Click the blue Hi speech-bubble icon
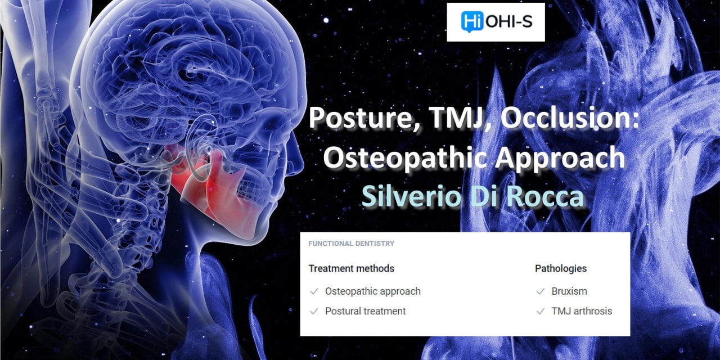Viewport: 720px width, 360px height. (472, 21)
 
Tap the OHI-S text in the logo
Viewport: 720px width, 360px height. (509, 22)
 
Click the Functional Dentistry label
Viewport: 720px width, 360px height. (352, 244)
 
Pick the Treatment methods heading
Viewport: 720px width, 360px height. (352, 268)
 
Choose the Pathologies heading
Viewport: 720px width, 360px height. (561, 268)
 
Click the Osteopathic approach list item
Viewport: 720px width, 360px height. (373, 291)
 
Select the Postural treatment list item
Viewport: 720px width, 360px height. (366, 311)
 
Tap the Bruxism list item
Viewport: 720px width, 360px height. (569, 291)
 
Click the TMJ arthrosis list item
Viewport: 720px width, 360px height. (582, 311)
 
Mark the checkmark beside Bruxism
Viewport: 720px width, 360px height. (541, 291)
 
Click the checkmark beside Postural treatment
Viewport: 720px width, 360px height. (314, 312)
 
